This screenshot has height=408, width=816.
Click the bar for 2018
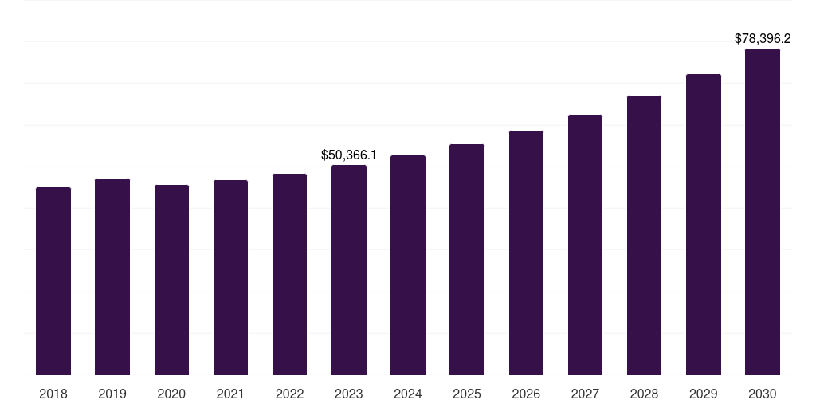(x=53, y=280)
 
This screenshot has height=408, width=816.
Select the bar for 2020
(x=171, y=279)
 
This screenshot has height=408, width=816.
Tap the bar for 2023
(x=349, y=269)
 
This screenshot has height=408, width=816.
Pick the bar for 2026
(x=526, y=252)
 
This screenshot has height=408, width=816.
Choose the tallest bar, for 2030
(x=763, y=211)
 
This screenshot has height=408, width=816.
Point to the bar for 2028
(x=644, y=234)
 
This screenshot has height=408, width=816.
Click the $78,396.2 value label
(x=763, y=38)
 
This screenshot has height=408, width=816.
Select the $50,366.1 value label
(x=349, y=154)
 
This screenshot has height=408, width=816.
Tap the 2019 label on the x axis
(x=112, y=394)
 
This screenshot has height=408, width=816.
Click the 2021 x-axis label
(x=230, y=394)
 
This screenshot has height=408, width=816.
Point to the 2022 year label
(x=289, y=394)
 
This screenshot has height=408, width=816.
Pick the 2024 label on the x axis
(x=408, y=394)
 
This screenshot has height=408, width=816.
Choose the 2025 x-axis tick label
(x=467, y=394)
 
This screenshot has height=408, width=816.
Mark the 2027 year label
(x=585, y=394)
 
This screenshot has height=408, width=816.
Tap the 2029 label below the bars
(x=703, y=394)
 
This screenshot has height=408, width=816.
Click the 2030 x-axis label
(x=763, y=394)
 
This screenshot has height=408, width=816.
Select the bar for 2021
(x=230, y=277)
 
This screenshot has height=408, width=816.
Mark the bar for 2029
(x=703, y=224)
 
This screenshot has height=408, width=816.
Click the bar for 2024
(x=408, y=265)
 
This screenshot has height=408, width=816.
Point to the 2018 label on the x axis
(x=53, y=394)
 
